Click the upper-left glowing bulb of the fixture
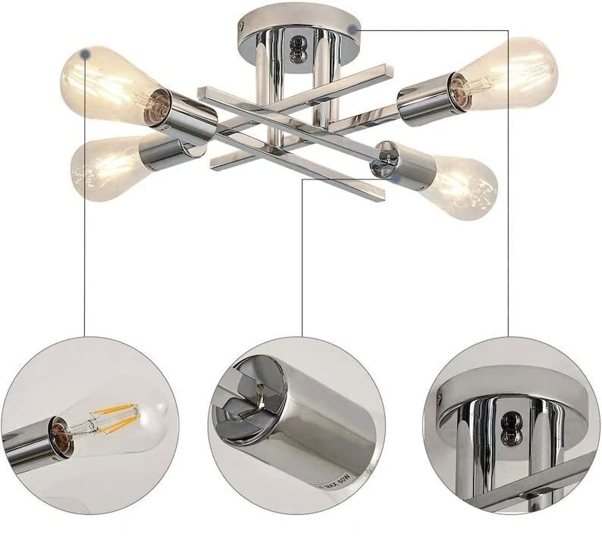click(102, 83)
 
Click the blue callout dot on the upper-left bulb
click(86, 54)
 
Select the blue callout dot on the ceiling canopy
click(353, 30)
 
